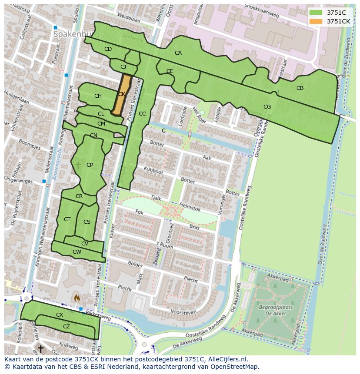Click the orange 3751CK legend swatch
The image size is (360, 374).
[316, 21]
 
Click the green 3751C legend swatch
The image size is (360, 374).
[316, 13]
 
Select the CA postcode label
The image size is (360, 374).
[178, 53]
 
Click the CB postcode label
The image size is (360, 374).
[300, 88]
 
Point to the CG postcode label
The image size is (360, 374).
[267, 107]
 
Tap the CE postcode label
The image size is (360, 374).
[170, 71]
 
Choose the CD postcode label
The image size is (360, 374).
[108, 49]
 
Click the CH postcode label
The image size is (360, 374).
[98, 96]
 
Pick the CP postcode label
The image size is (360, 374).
[90, 165]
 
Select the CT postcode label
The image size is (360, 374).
[67, 219]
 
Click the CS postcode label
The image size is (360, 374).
[87, 222]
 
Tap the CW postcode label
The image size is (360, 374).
[77, 252]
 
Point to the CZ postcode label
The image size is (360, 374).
[67, 327]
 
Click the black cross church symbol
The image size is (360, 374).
[40, 348]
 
